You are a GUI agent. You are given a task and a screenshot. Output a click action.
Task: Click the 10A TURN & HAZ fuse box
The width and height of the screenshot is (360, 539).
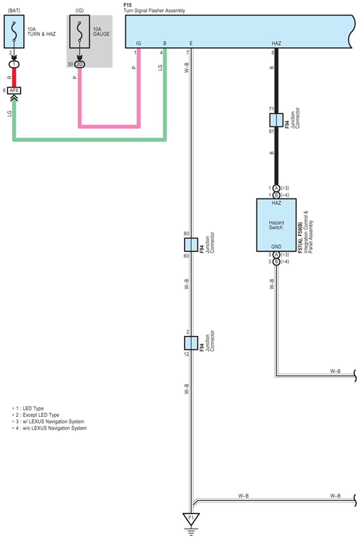14,31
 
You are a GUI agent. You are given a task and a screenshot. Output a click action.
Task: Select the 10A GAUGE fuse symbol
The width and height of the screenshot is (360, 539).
80,31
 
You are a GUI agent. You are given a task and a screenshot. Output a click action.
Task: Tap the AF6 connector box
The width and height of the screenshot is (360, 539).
14,91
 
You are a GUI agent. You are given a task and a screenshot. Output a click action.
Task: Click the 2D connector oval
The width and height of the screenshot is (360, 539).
80,64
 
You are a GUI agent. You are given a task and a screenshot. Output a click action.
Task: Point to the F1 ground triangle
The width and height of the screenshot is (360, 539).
191,518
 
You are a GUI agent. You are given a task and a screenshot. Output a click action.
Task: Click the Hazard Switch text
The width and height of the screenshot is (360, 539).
276,225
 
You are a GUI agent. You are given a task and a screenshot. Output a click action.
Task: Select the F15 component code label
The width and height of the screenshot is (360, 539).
128,5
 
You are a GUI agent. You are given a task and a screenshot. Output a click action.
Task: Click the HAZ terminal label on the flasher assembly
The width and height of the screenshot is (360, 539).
276,43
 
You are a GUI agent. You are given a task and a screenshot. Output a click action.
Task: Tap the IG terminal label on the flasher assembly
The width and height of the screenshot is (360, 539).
139,43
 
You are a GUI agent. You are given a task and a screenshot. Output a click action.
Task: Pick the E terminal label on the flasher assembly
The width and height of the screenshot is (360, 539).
191,43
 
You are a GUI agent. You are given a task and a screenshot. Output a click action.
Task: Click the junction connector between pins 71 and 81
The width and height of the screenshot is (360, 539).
276,120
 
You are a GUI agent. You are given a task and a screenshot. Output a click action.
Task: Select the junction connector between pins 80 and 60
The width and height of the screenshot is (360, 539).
191,245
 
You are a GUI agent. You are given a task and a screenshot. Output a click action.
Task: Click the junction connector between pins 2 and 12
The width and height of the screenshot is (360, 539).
191,343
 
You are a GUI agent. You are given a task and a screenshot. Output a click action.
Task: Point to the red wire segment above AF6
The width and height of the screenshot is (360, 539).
14,77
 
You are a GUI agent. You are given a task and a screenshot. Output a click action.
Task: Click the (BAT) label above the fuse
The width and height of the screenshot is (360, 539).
14,11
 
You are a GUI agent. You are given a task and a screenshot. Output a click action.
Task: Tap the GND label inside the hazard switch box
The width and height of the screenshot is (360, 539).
276,247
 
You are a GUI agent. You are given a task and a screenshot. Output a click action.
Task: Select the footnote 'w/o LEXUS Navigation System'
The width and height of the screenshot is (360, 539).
55,428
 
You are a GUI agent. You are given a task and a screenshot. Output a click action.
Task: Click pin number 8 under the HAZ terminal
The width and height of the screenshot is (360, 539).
273,53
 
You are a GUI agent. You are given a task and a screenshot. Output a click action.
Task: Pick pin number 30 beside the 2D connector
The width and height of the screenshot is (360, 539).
70,64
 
